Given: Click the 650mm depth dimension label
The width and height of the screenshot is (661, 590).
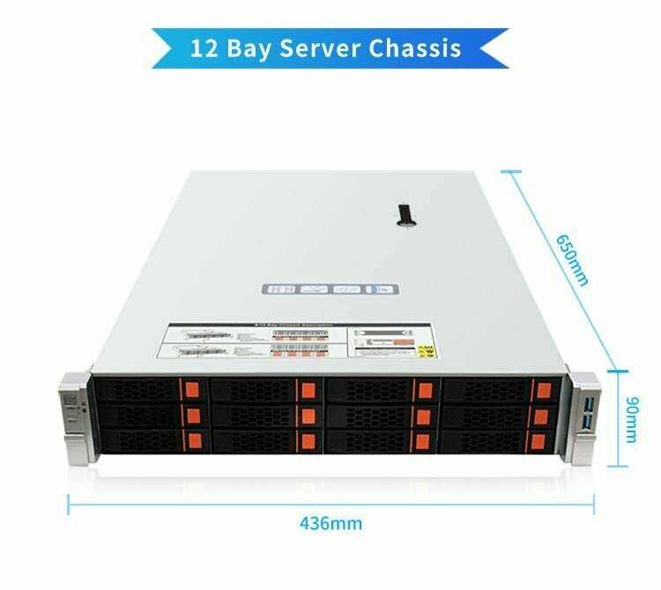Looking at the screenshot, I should (571, 260).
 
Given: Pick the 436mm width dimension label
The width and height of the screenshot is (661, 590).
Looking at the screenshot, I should (330, 523).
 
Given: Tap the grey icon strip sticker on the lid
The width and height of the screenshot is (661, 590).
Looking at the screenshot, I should (330, 289).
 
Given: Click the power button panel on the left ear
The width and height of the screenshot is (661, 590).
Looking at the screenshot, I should (71, 402).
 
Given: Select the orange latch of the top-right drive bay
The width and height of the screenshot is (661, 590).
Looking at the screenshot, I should (541, 390).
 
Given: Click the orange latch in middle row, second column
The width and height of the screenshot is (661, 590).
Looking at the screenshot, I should (308, 414).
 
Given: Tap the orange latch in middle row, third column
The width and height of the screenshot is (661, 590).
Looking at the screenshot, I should (424, 415).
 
